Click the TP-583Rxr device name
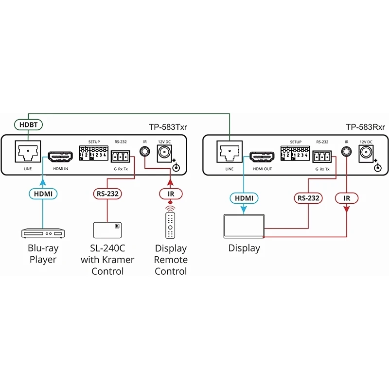pos(365,127)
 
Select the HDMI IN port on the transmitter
pos(59,157)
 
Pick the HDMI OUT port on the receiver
pos(262,157)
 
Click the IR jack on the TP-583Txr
pos(144,152)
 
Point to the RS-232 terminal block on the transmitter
pos(120,157)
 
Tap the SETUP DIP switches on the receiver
pos(295,153)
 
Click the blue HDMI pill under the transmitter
pos(43,194)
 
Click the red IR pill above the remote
pos(170,194)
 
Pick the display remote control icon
pos(170,224)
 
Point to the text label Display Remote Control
pos(170,260)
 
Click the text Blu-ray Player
pos(43,254)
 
